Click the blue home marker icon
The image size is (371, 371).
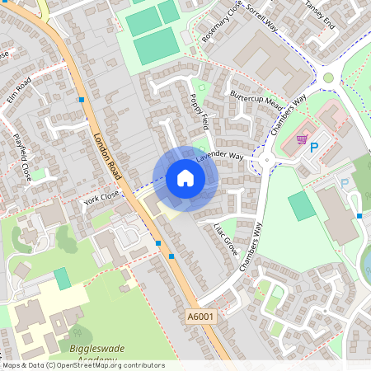point(185,178)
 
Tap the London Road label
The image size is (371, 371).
point(108,157)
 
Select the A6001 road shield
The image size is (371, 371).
point(200,316)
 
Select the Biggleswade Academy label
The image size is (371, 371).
point(96,354)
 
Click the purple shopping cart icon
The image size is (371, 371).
point(302,139)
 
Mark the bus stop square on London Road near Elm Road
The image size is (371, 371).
point(82,100)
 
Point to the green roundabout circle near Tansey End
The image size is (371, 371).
point(328,77)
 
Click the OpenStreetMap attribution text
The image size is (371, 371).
point(82,364)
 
